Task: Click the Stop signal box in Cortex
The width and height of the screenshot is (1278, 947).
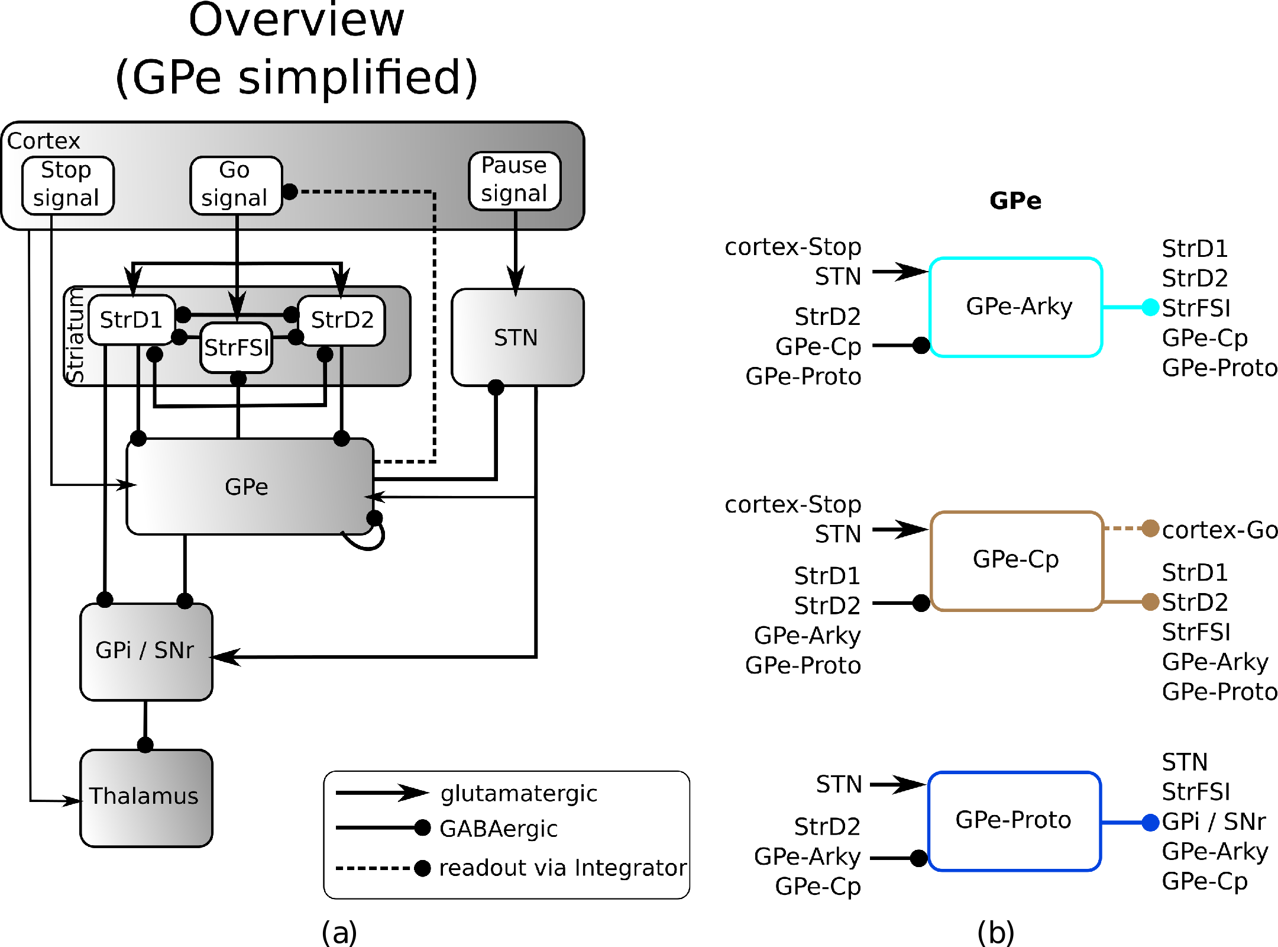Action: coord(67,185)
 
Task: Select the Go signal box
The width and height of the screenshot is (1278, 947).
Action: coord(235,185)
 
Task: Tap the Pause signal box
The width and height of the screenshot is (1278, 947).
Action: coord(515,181)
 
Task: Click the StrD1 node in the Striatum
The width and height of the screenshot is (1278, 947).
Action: coord(131,320)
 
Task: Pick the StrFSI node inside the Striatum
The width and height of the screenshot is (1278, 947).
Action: coord(237,347)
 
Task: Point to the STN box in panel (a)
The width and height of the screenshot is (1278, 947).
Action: coord(517,337)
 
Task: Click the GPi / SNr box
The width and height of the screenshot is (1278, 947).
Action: coord(145,651)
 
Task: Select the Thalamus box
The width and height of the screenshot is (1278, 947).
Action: coord(145,797)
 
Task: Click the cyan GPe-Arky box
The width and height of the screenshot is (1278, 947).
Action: coord(1015,307)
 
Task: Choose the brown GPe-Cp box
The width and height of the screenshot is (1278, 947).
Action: coord(1015,560)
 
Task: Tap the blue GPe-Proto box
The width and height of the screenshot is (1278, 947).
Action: coord(1014,820)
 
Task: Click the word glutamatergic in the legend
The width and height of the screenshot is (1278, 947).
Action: coord(519,793)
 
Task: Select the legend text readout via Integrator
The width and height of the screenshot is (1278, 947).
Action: coord(562,868)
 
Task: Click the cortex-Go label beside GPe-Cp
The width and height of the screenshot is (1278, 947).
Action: coord(1219,530)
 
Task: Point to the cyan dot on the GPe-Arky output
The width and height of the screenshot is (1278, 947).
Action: coord(1150,307)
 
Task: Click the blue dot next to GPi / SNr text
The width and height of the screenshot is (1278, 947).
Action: coord(1150,822)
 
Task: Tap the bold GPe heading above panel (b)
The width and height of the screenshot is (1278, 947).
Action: coord(1015,201)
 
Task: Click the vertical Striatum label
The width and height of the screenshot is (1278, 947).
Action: coord(75,336)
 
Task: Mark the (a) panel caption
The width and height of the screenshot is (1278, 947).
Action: coord(339,932)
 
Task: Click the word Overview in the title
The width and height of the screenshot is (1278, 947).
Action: coord(296,21)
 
